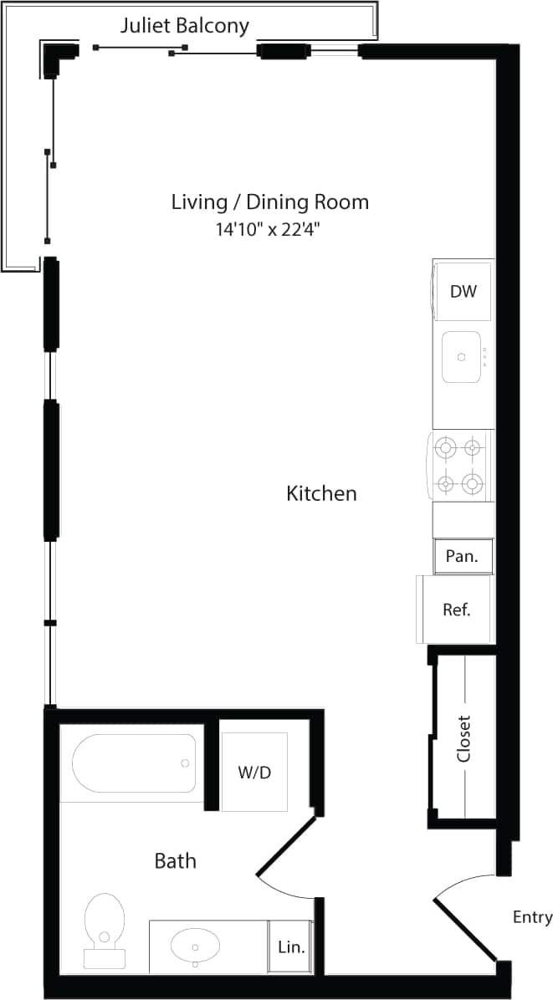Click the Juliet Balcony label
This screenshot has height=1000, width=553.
click(x=184, y=26)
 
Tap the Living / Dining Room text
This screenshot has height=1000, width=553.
click(x=269, y=202)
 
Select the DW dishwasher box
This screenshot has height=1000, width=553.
click(x=463, y=291)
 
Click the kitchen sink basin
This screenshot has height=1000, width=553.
click(x=461, y=357)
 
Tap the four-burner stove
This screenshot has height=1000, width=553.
click(x=460, y=465)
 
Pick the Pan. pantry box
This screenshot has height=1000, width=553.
click(x=462, y=556)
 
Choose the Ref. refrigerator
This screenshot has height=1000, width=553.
click(x=457, y=610)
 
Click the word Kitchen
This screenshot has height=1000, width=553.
click(x=321, y=493)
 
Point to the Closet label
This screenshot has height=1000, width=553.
click(x=464, y=737)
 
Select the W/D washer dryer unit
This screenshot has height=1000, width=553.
click(x=254, y=773)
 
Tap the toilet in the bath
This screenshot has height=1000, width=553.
click(x=105, y=928)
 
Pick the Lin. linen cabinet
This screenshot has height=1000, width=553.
click(x=290, y=947)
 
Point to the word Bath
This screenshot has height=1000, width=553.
click(x=176, y=860)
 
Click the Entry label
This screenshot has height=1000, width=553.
click(x=532, y=917)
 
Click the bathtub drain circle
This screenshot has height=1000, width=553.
click(x=185, y=763)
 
